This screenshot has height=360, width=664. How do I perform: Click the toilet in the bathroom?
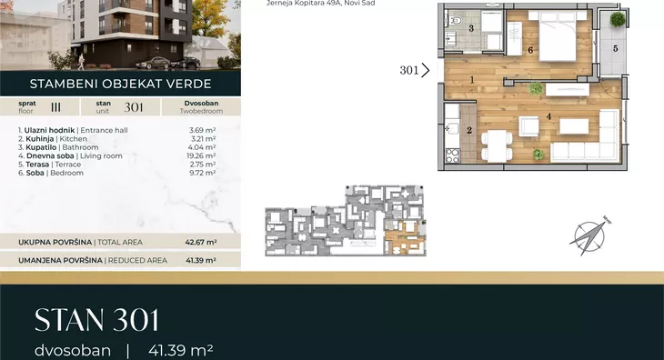pos(455,20)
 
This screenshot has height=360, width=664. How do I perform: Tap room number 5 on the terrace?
pos(615,49)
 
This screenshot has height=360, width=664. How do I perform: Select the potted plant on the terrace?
pos(618,19)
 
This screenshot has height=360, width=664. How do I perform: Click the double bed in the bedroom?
pos(557,36)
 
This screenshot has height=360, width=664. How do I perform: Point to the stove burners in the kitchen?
pos(452,155)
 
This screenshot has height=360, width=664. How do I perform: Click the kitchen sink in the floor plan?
pos(452,128)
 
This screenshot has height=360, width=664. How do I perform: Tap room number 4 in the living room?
pos(548,116)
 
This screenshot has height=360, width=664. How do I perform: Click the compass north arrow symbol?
pos(589,235)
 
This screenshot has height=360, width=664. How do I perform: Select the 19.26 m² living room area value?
pos(201,155)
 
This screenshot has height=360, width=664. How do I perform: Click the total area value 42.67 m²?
pos(201,243)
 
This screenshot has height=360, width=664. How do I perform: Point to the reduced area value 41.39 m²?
pos(201,260)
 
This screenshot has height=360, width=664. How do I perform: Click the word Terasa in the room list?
pos(37,165)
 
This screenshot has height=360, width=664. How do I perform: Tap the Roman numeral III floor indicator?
pos(55,107)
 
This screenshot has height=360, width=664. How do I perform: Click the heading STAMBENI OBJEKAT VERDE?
pos(120,84)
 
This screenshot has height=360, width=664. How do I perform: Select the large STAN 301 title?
pos(96,320)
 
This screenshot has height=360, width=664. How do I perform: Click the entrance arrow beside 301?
pos(426,70)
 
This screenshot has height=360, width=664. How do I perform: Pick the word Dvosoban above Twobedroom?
pos(201,104)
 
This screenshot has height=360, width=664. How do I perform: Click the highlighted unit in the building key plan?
pos(405,237)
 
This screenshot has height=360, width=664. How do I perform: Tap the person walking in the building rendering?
pos(81,62)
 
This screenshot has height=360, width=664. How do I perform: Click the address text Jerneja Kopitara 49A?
pos(303,3)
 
